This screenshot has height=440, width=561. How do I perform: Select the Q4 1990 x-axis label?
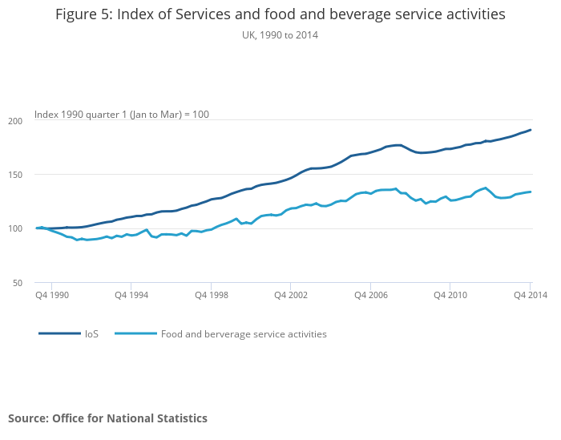pos(51,296)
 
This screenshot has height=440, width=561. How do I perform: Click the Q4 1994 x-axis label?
pos(131,296)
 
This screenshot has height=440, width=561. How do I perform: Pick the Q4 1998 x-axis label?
pos(211,296)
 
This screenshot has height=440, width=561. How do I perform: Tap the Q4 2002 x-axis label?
pos(290,296)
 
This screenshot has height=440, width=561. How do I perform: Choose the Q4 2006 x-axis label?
pos(370,296)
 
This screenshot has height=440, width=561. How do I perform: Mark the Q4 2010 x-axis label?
pos(450,296)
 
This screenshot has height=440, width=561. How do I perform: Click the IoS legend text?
pos(91,334)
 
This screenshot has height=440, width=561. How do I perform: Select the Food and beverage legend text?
pos(244,334)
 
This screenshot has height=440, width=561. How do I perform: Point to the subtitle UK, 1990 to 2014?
pos(280,34)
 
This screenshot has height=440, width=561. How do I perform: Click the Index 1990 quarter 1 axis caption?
pos(122,115)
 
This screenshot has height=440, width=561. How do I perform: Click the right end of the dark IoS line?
pos(531,130)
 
